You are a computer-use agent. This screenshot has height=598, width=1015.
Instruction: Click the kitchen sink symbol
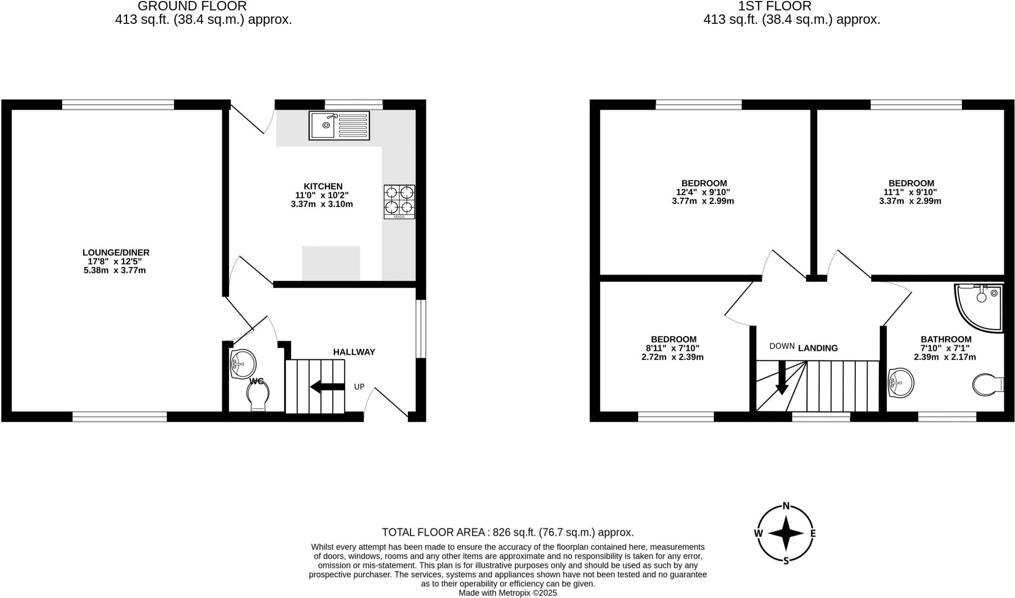(x=339, y=125)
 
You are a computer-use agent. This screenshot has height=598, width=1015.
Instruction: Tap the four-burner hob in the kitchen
(x=399, y=201)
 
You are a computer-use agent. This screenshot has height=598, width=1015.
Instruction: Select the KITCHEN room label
(x=323, y=186)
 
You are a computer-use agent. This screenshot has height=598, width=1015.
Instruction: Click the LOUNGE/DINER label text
(x=115, y=252)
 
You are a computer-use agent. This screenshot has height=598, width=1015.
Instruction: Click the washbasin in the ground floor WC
(x=243, y=363)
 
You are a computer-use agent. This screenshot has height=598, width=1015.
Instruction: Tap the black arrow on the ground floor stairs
(x=327, y=387)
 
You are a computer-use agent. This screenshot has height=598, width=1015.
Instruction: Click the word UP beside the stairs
(x=359, y=387)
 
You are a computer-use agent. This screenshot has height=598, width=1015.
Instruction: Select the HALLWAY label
(x=354, y=352)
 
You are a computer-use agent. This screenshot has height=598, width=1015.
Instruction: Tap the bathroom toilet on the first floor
(x=987, y=385)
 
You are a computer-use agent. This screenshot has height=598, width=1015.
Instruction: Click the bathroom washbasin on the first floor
(x=901, y=383)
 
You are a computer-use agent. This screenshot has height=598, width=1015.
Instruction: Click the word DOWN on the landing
(x=782, y=346)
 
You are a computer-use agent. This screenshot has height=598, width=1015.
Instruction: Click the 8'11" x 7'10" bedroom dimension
(x=673, y=348)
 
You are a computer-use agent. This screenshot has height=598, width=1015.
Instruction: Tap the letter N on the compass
(x=786, y=506)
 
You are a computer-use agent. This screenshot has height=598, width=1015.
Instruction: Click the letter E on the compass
(x=813, y=534)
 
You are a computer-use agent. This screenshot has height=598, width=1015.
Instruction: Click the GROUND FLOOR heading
(x=192, y=6)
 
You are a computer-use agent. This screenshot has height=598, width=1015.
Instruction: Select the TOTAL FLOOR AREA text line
(x=507, y=533)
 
